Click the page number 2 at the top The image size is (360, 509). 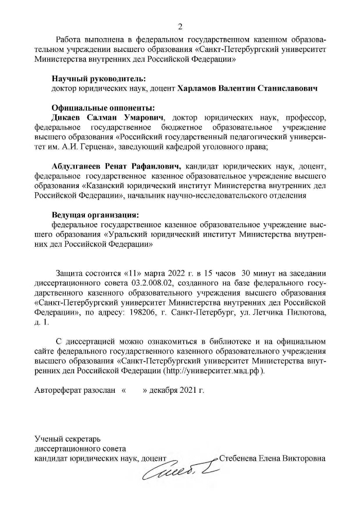pyautogui.click(x=180, y=27)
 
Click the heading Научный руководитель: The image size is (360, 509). pyautogui.click(x=98, y=79)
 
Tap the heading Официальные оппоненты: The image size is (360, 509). pyautogui.click(x=103, y=108)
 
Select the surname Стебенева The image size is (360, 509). pyautogui.click(x=240, y=458)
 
